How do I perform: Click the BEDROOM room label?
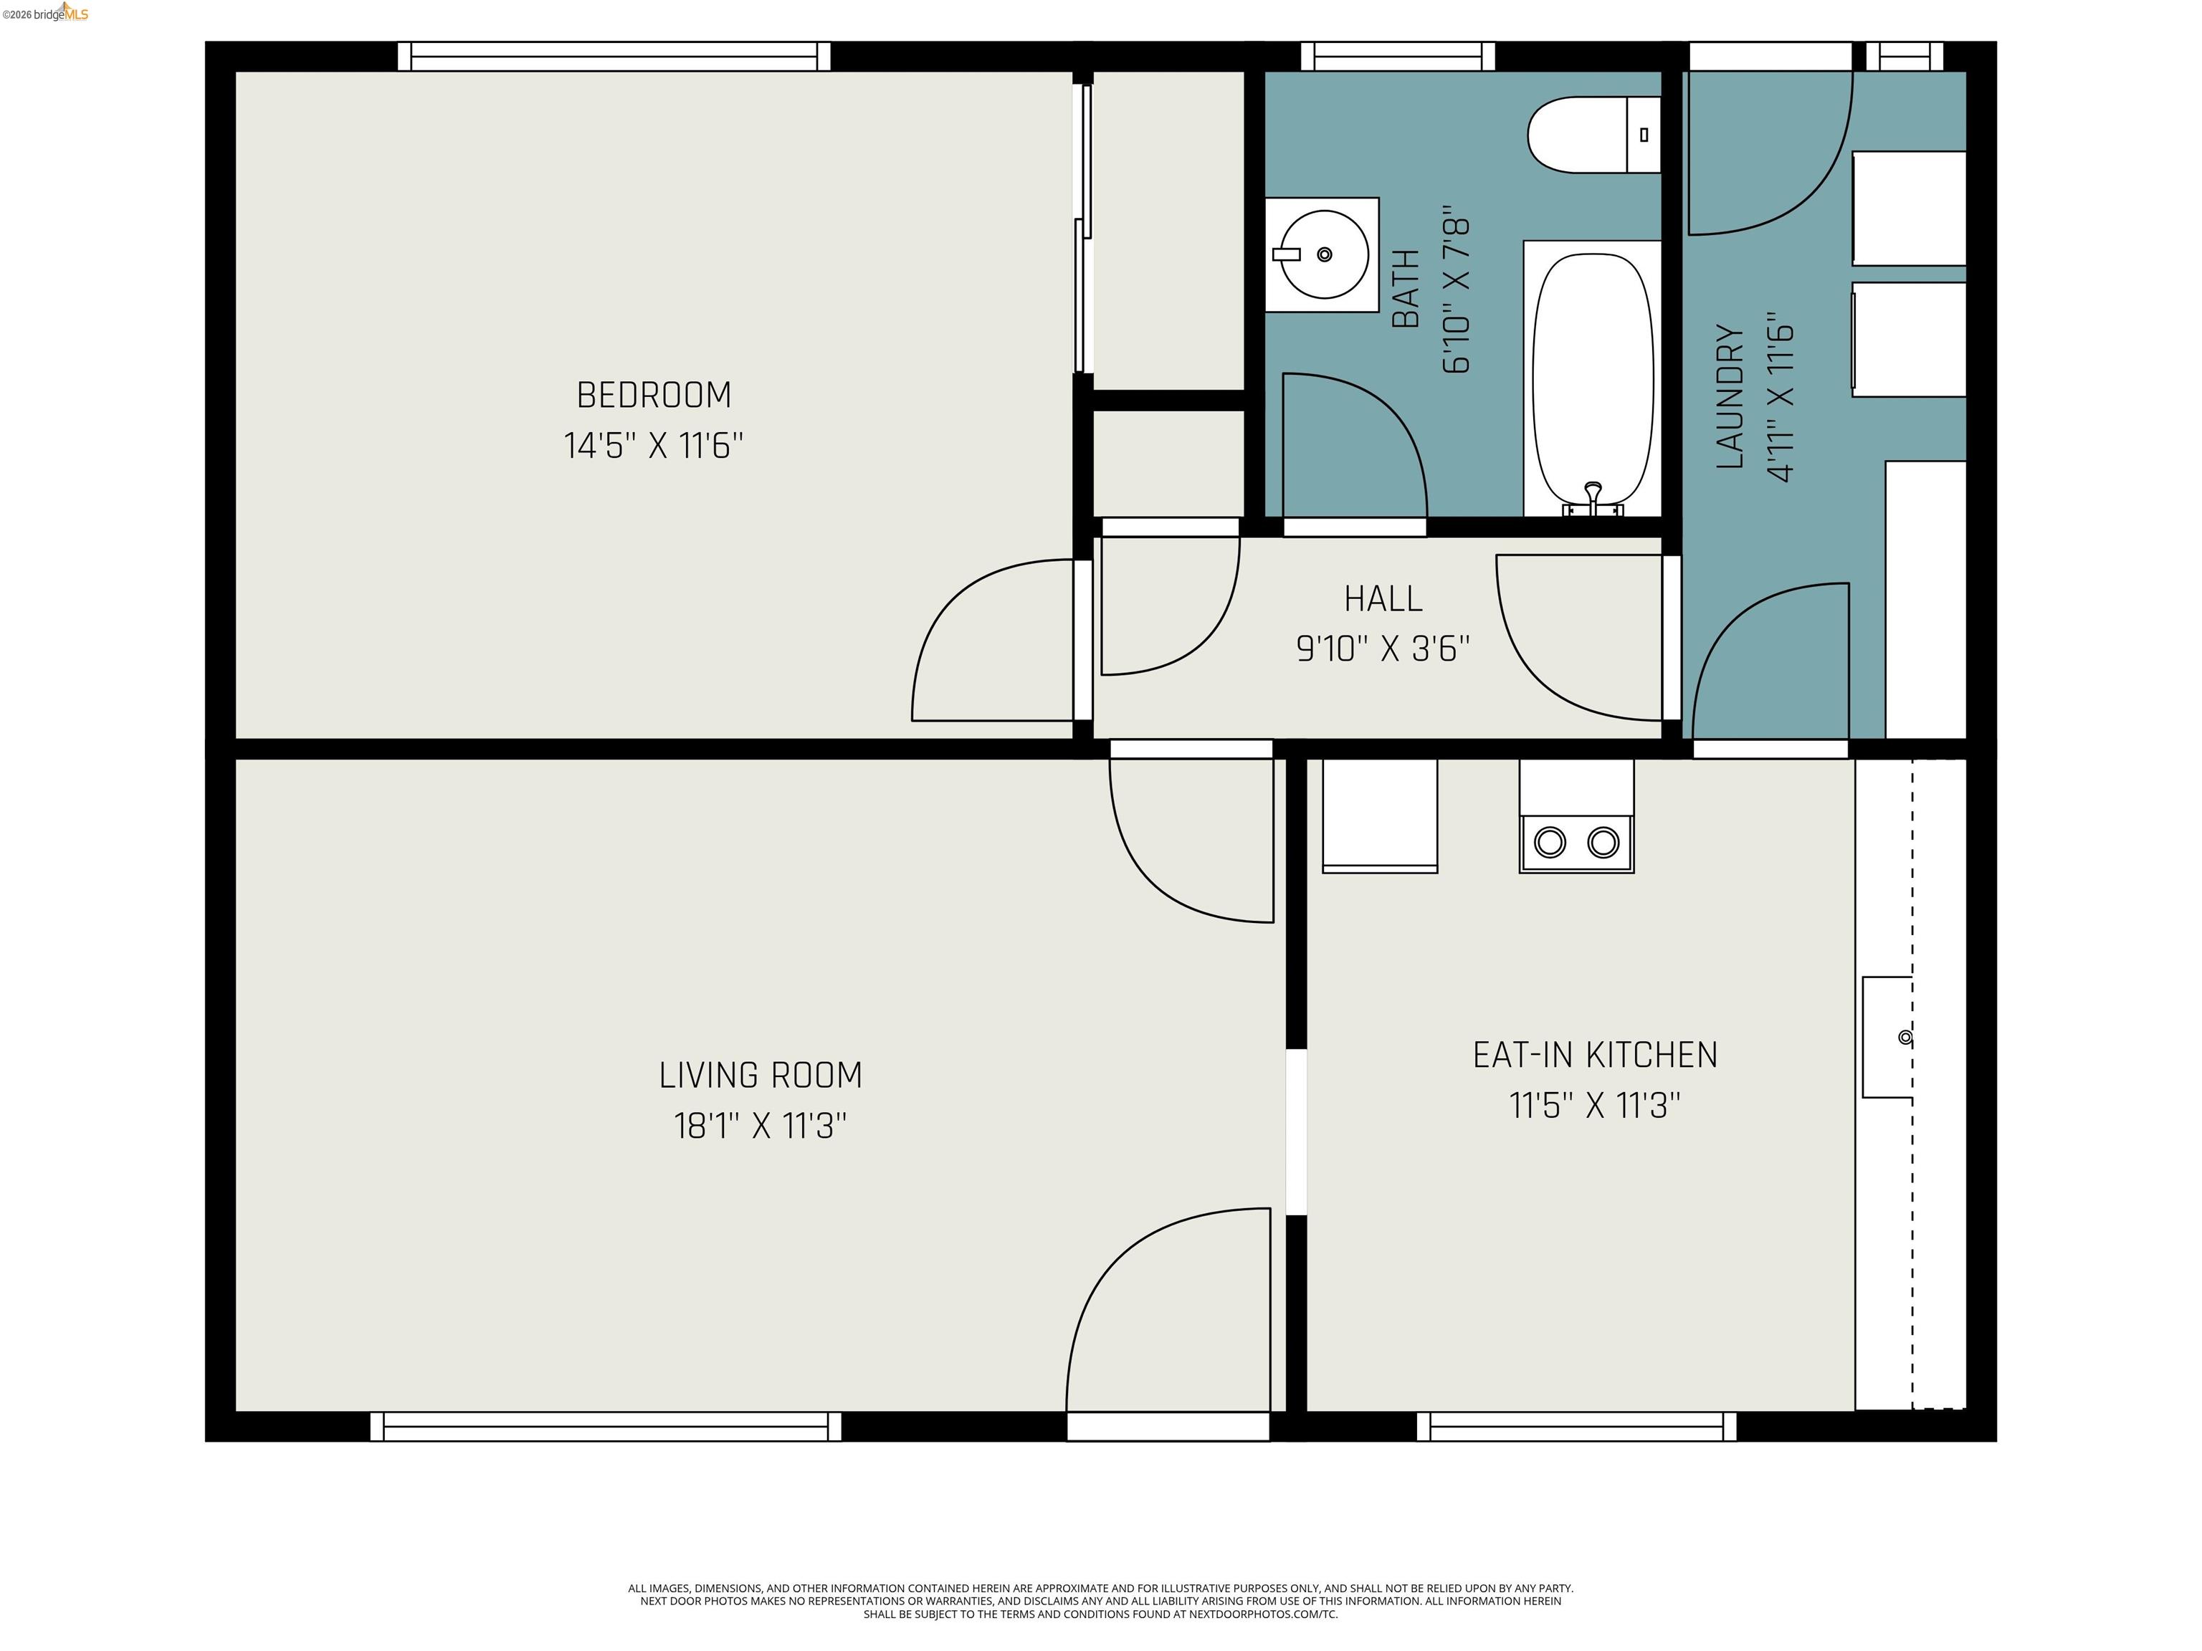coord(653,395)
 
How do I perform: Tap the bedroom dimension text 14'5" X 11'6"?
coord(653,445)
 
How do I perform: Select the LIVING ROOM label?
coord(761,1075)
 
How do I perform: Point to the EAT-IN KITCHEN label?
coord(1595,1055)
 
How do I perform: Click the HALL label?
coord(1383,598)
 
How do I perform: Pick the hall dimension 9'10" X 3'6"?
coord(1383,649)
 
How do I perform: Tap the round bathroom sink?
coord(1323,255)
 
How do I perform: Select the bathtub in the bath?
coord(1593,378)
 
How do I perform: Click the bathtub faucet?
coord(1593,496)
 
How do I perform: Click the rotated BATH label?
coord(1405,289)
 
